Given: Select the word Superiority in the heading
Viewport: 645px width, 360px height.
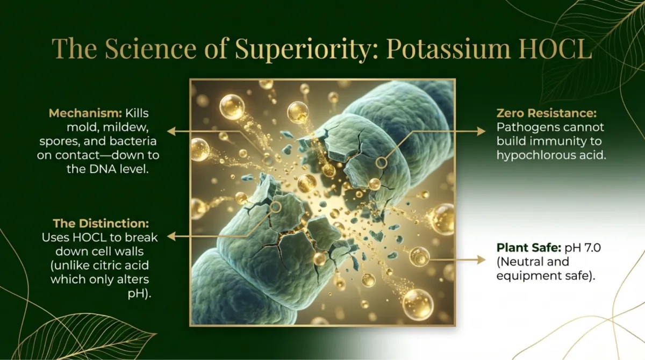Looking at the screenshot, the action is click(x=302, y=49).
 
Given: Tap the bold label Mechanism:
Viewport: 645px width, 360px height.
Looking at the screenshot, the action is click(x=85, y=113).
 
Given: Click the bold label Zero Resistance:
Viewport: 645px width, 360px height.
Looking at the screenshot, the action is click(x=547, y=113).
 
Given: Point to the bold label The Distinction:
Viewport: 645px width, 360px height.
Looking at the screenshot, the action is click(x=101, y=224).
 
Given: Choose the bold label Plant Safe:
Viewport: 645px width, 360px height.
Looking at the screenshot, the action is click(x=529, y=248).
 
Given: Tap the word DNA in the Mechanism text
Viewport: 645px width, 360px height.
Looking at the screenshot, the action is click(x=103, y=169).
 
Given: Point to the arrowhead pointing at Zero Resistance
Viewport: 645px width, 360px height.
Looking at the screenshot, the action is click(x=482, y=131).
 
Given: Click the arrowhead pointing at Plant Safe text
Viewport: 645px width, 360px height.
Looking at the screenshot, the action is click(x=482, y=260).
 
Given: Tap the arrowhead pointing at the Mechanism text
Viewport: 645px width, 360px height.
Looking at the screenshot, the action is click(x=171, y=131).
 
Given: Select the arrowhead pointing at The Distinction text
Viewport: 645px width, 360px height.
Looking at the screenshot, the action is click(x=171, y=236).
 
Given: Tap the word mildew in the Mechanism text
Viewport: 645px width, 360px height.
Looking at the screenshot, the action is click(x=126, y=127).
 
